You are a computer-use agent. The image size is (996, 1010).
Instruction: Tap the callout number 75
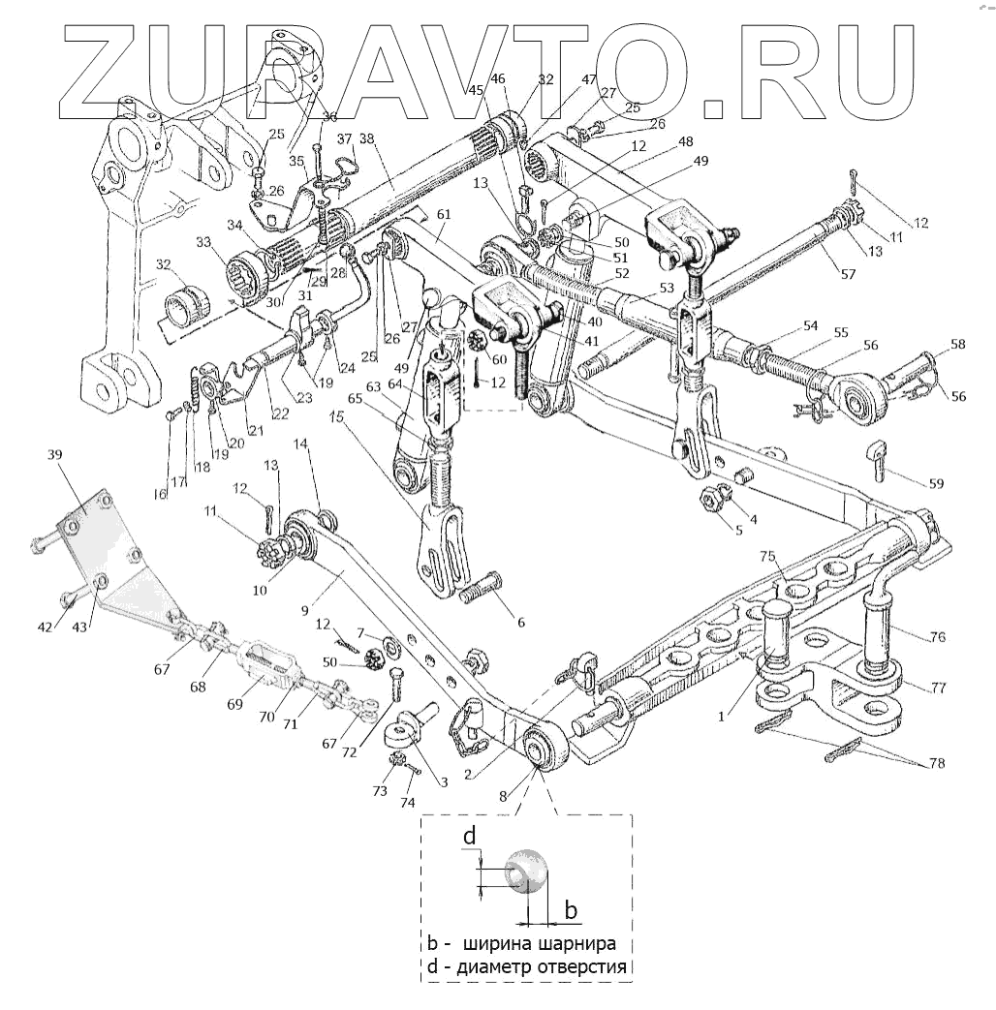[x=767, y=557]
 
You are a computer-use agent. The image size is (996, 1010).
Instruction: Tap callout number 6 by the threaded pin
[x=521, y=622]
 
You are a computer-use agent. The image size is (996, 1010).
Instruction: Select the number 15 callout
[x=336, y=417]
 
